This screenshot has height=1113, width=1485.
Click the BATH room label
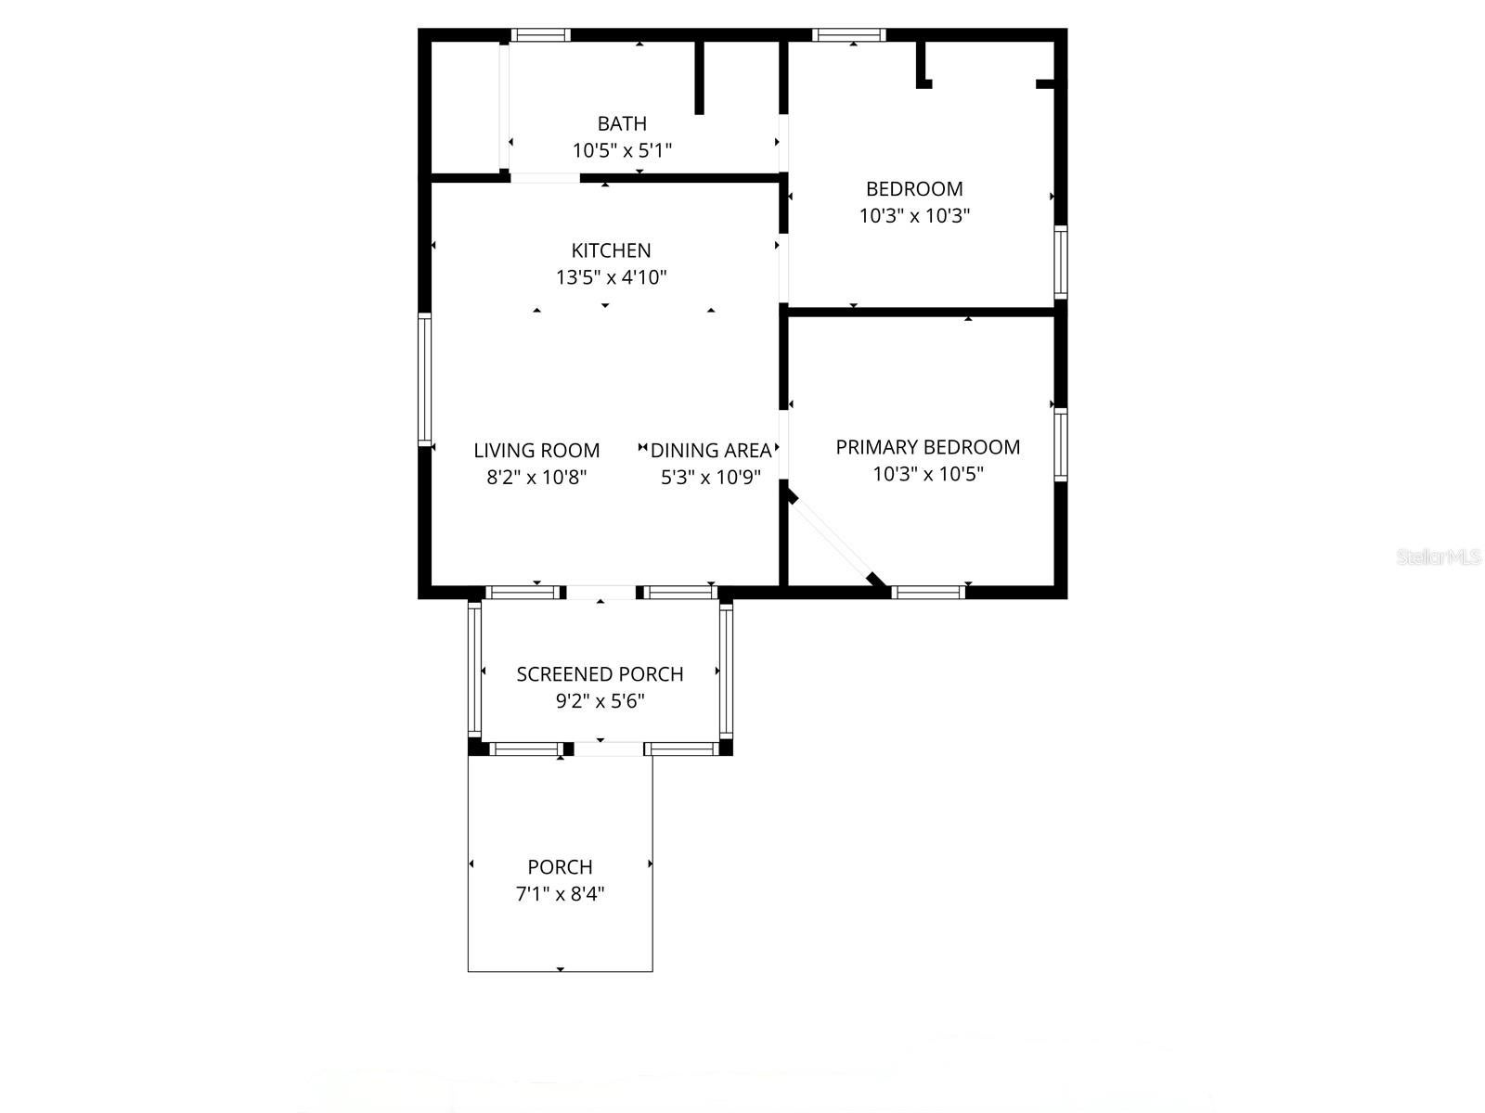(622, 123)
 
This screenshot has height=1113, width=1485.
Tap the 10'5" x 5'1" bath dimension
(622, 150)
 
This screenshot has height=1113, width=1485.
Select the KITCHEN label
(611, 250)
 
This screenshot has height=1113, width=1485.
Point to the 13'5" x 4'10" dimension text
(611, 277)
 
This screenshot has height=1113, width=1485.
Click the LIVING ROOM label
(536, 451)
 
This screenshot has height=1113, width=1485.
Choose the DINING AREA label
(711, 451)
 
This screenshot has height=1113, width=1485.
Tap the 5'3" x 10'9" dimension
(711, 478)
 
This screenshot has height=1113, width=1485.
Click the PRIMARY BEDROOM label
(927, 447)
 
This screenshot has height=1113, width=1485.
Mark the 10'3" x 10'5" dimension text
(927, 474)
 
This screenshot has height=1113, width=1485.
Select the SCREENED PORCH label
(600, 674)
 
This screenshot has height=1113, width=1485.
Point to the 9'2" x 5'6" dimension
(600, 701)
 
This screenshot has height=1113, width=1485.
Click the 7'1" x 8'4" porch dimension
(560, 894)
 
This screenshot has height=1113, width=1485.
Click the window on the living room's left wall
(425, 379)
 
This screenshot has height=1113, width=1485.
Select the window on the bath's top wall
(540, 35)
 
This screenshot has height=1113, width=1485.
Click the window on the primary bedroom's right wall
(1060, 444)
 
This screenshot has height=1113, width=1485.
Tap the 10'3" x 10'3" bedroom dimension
(914, 216)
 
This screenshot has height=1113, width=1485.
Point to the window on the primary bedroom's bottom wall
(929, 592)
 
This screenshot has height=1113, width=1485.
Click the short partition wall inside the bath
(700, 79)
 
